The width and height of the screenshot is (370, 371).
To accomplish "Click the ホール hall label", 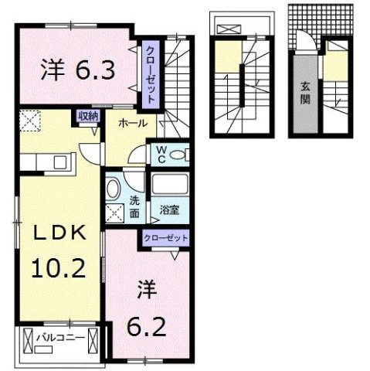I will [x=133, y=122].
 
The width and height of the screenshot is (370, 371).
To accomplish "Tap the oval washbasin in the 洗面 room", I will [x=114, y=189].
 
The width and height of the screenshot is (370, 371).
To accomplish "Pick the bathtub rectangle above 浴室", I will [x=170, y=185].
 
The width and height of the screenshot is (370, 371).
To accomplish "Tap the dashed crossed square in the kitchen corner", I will [x=30, y=120].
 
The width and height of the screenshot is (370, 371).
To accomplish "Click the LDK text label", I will [x=53, y=235].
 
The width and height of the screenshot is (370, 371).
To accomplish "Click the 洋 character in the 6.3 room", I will [x=50, y=71].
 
